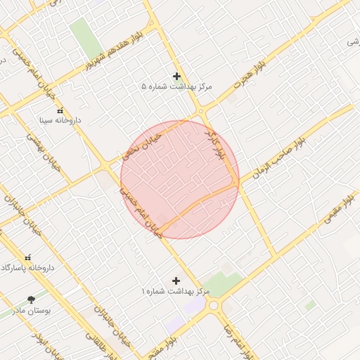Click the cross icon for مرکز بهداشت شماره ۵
(x=176, y=76)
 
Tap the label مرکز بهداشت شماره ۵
(x=176, y=87)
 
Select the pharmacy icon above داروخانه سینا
(x=59, y=111)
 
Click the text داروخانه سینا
(x=59, y=121)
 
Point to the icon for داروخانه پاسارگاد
(x=28, y=258)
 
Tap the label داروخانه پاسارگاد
(x=28, y=269)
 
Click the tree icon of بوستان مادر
(x=31, y=300)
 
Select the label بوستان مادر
(x=27, y=310)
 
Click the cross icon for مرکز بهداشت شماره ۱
(x=176, y=281)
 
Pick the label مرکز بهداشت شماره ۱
(x=176, y=291)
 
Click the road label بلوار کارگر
(x=217, y=145)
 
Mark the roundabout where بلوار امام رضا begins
(x=214, y=306)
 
